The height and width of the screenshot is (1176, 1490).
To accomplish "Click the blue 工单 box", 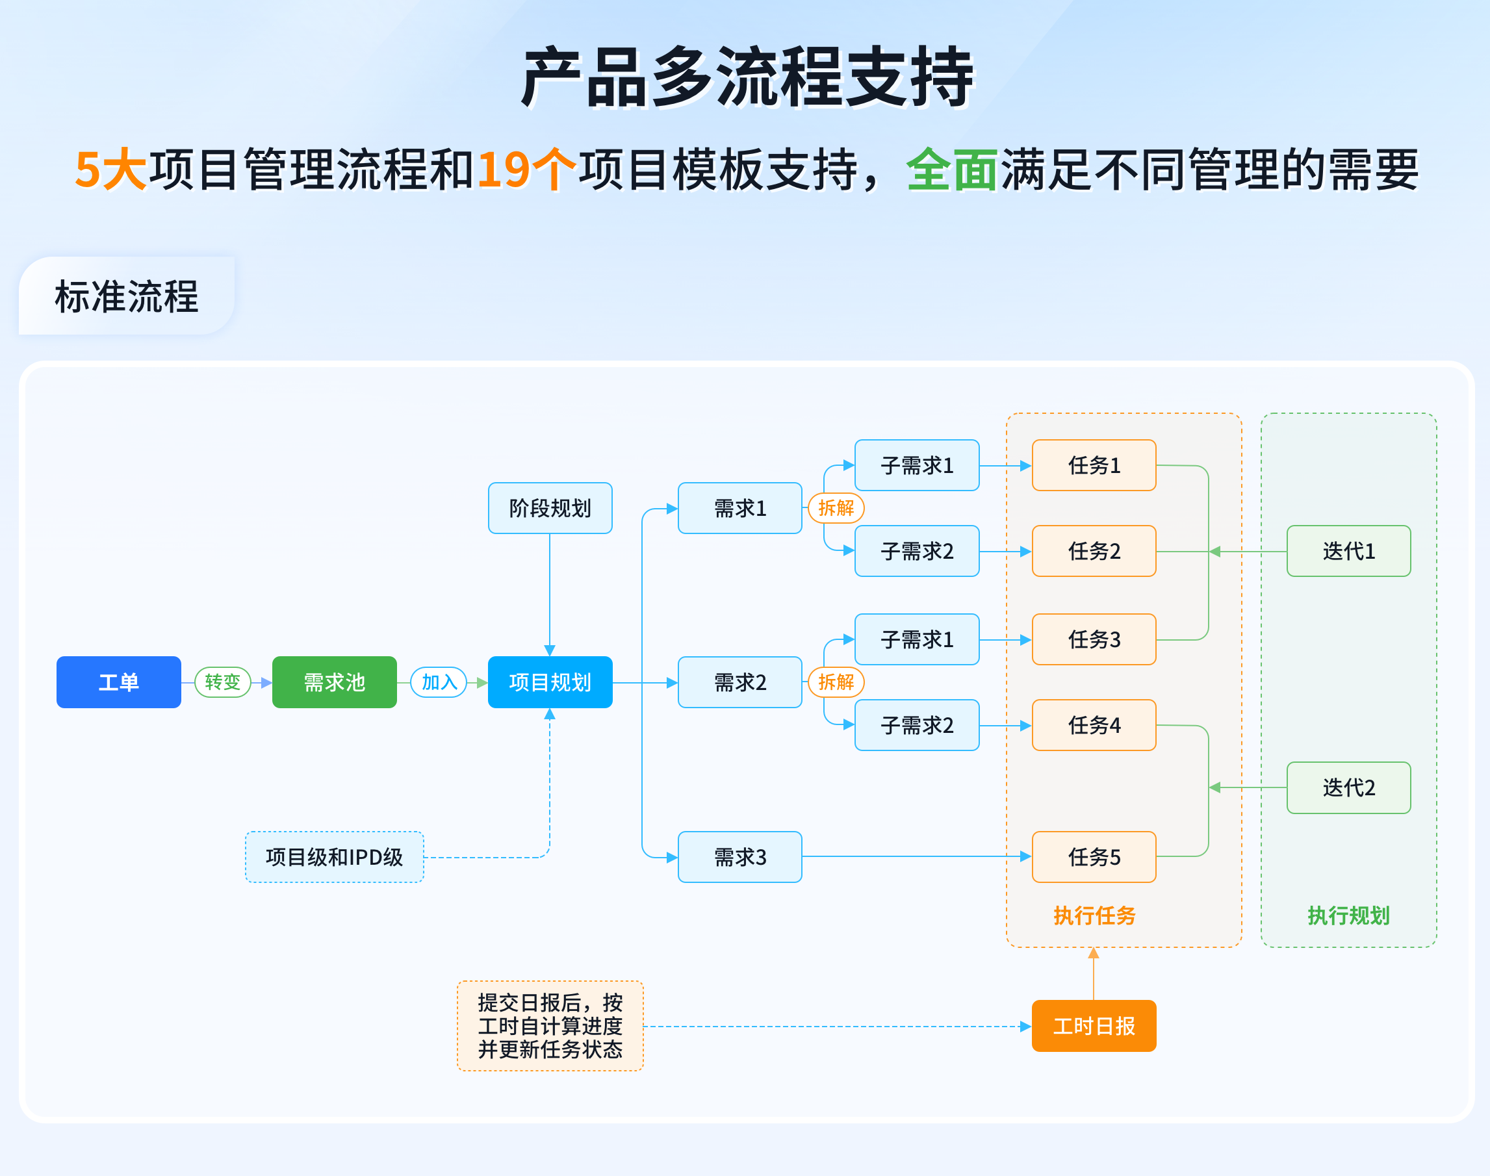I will (118, 682).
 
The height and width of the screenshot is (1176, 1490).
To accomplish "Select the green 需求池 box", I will (334, 682).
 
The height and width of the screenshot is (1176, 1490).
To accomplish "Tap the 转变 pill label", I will (222, 682).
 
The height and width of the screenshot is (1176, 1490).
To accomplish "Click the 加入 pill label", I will (439, 682).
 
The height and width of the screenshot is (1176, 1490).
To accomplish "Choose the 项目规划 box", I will (550, 682).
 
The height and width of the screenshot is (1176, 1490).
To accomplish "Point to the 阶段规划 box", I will (550, 508).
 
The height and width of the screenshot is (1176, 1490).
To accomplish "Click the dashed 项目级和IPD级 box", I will (334, 856).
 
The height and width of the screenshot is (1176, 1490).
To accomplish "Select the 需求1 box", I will (739, 508).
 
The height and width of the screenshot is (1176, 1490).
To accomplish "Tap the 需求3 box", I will (739, 856).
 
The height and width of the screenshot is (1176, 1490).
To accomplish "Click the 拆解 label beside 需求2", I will (836, 682).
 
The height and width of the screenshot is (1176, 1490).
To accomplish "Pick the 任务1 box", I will (1094, 465).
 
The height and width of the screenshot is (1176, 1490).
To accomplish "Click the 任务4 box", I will (1094, 725).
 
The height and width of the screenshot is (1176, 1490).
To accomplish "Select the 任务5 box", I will (1094, 856).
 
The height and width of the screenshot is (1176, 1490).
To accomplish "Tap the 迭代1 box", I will (1348, 551).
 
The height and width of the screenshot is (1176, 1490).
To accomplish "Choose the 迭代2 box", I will (1348, 787).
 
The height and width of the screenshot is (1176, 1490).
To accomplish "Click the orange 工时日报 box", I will (1094, 1025).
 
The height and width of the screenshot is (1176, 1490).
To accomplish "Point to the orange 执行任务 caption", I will (1094, 915).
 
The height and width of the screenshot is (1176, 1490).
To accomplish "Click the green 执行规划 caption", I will (1348, 915).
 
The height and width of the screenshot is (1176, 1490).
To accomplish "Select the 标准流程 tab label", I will (127, 297).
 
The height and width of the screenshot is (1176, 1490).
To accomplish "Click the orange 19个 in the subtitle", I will (526, 170).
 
